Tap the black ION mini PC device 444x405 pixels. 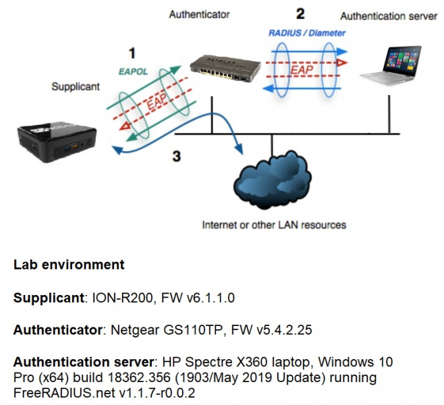coord(57,138)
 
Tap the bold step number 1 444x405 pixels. coord(132,52)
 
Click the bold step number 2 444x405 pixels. coord(300,13)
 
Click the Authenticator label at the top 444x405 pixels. coord(199,13)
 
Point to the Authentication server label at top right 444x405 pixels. coord(389,16)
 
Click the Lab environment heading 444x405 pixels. coord(69,265)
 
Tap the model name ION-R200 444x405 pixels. coord(115,297)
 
